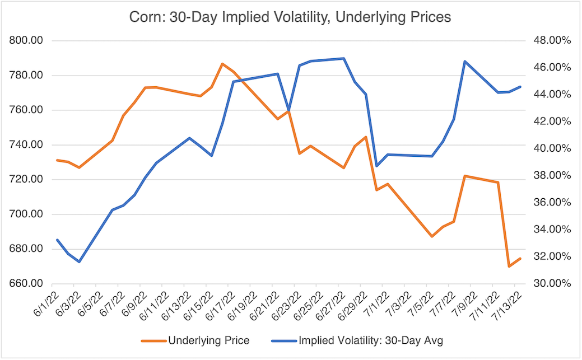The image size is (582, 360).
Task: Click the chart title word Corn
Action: (145, 17)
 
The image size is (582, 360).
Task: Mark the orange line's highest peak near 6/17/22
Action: (222, 64)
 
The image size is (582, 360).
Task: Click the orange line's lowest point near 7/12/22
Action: (509, 267)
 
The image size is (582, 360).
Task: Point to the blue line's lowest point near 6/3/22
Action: (79, 261)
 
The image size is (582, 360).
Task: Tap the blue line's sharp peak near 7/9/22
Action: (464, 62)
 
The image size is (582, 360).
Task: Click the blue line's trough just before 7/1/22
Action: (376, 166)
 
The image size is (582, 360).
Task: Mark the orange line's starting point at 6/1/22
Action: (57, 160)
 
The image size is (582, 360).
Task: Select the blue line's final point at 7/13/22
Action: (520, 87)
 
